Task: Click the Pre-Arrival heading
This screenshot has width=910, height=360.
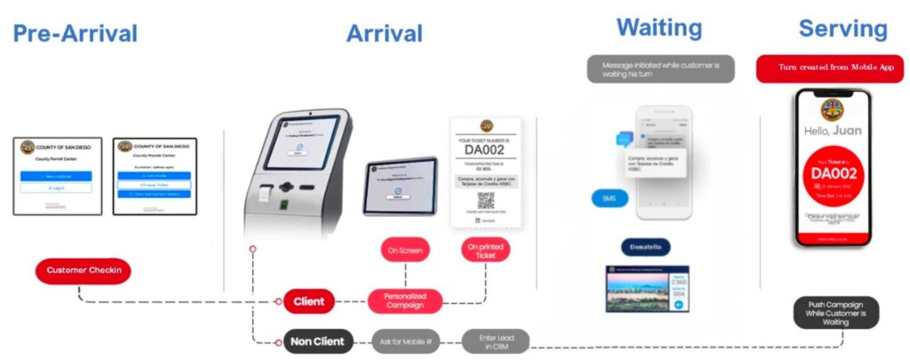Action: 76,34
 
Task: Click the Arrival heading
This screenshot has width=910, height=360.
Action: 384,34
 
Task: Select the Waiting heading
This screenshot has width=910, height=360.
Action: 659,27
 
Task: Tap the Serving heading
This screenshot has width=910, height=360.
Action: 842,28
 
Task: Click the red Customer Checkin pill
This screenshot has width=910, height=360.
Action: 84,270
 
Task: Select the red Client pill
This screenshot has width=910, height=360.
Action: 308,302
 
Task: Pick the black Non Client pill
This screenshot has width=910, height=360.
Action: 318,341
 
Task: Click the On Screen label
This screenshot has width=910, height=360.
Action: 405,250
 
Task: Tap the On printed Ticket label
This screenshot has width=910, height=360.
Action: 485,250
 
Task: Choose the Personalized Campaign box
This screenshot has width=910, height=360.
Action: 404,300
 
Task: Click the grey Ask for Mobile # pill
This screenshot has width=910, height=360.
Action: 406,341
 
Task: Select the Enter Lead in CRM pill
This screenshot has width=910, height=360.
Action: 495,341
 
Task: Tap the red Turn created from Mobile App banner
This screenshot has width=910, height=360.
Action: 829,68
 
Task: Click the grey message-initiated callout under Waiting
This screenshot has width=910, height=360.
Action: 660,69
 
